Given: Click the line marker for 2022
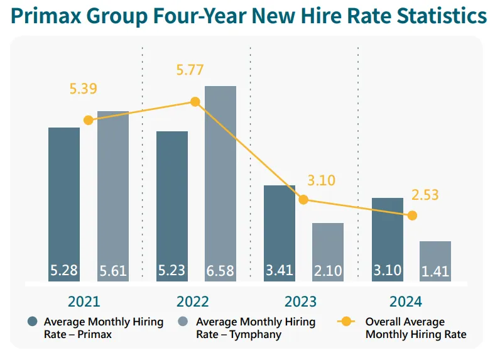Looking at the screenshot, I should pos(195,102).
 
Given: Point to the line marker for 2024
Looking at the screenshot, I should pos(412,215).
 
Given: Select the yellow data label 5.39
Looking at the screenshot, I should pos(83,89).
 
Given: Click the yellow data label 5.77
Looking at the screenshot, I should pos(190,70).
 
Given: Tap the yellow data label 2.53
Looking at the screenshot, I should pos(425,195).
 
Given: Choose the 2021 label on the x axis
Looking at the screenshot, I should pos(84,302).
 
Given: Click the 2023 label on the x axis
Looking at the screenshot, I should pos(301,302).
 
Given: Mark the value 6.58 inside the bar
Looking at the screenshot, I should pos(220,271).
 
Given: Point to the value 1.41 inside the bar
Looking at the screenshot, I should pos(435,271).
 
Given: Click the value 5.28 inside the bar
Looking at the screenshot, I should pos(64,271).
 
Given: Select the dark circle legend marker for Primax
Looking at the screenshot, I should pos(33,322).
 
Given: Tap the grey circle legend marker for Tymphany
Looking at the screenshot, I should pos(185,322).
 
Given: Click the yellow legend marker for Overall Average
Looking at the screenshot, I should pos(345,322).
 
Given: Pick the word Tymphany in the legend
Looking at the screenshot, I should pos(256,335).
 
